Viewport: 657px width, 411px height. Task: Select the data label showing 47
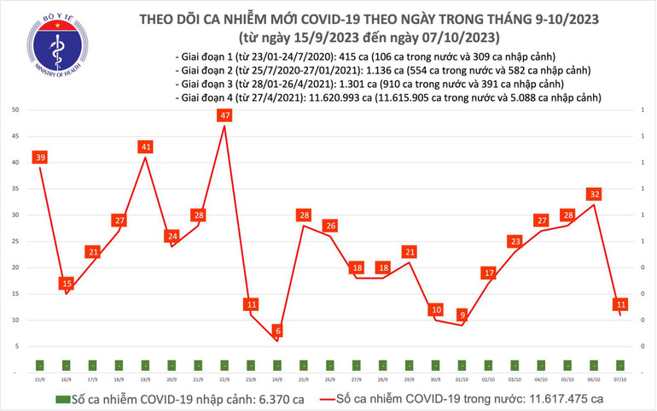pyautogui.click(x=224, y=114)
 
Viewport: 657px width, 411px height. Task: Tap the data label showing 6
pyautogui.click(x=277, y=330)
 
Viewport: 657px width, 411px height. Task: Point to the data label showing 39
pyautogui.click(x=40, y=156)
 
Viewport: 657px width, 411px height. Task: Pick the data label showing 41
pyautogui.click(x=146, y=146)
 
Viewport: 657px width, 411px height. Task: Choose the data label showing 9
pyautogui.click(x=462, y=314)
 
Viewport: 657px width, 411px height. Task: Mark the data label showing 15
pyautogui.click(x=67, y=283)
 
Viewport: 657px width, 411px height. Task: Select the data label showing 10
pyautogui.click(x=435, y=309)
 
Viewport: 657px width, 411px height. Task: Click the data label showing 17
pyautogui.click(x=488, y=273)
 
